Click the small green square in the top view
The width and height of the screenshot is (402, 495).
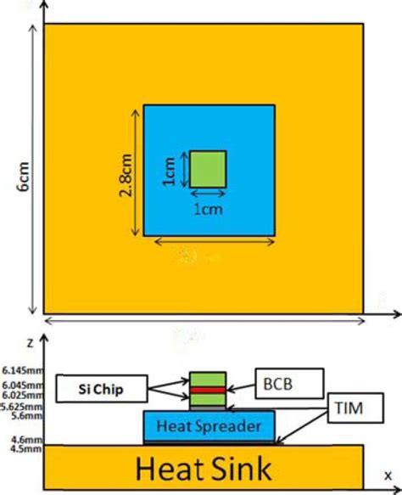(207, 168)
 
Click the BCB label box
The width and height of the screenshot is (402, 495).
(288, 382)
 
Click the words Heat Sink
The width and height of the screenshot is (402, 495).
(202, 467)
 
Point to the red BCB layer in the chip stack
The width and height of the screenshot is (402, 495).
(208, 390)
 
